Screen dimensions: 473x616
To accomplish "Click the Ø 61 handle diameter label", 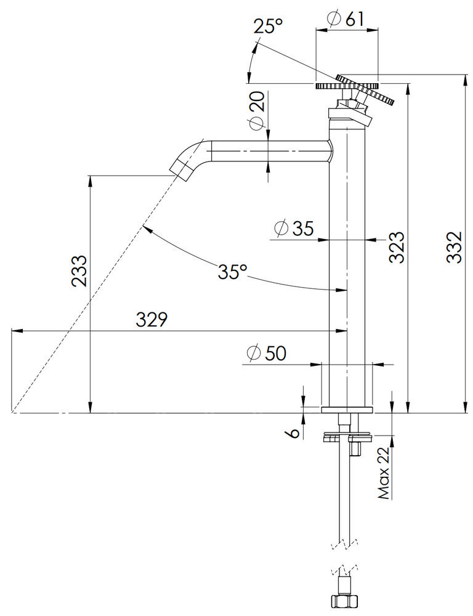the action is click(x=346, y=19).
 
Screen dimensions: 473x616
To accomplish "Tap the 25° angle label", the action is click(x=269, y=26).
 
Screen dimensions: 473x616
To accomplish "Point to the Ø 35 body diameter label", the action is click(x=294, y=228).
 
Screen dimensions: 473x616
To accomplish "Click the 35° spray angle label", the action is click(x=233, y=271).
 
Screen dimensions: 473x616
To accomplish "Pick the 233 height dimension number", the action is click(x=79, y=271).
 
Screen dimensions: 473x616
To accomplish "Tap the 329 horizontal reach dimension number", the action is click(x=152, y=319).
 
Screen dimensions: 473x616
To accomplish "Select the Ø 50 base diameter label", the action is click(x=266, y=354).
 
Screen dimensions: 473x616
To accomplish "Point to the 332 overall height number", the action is click(x=455, y=247).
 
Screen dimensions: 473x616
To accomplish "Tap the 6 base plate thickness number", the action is click(x=293, y=433).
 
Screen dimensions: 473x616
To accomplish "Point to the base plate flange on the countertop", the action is click(x=347, y=410).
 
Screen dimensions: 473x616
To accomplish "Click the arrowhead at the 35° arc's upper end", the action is click(x=146, y=227).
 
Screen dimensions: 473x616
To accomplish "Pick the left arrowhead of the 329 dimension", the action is click(x=16, y=331).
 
